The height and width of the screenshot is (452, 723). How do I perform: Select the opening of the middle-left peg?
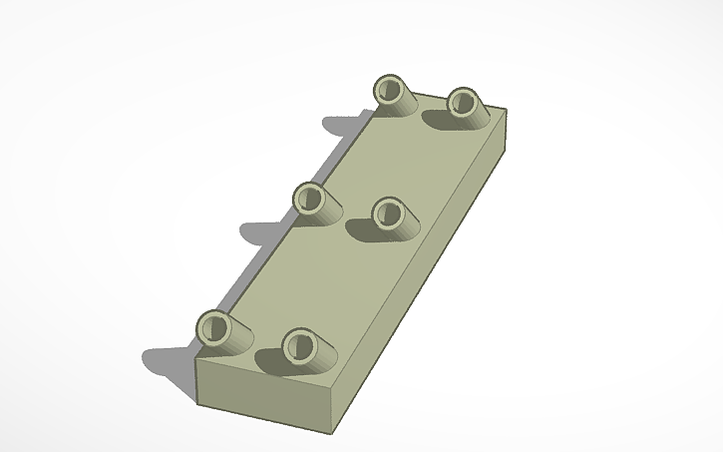pos(308,198)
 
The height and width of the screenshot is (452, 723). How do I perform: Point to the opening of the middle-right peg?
pos(385,212)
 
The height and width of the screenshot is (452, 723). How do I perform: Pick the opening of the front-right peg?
pos(297,346)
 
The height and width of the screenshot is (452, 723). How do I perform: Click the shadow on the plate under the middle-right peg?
pos(363,230)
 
